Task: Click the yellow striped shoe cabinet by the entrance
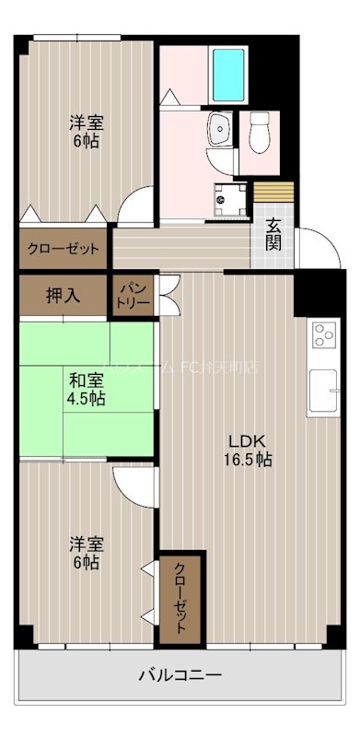(x=273, y=193)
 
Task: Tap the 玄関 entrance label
(x=274, y=235)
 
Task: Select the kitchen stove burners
(x=323, y=334)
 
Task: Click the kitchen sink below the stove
(x=323, y=387)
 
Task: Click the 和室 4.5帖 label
(x=85, y=389)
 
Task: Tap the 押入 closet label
(x=63, y=296)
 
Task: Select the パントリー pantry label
(x=134, y=296)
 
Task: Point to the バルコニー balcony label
(x=180, y=676)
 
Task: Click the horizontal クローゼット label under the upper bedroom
(x=64, y=248)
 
